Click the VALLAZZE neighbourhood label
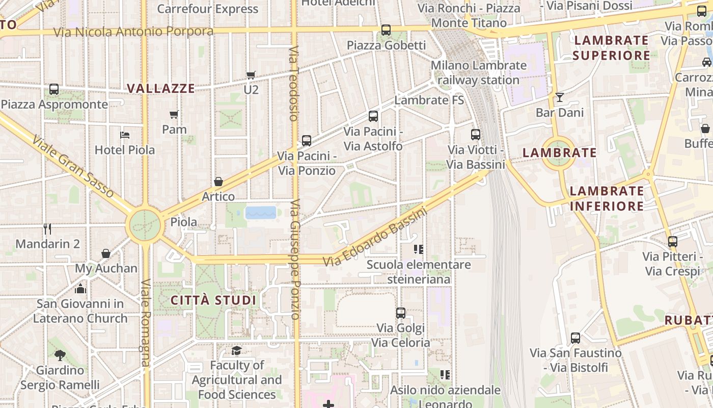pyautogui.click(x=160, y=88)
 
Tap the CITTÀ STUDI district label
pyautogui.click(x=213, y=300)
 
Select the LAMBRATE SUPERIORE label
pyautogui.click(x=611, y=47)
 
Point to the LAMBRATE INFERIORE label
pyautogui.click(x=607, y=198)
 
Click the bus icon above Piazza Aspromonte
pyautogui.click(x=54, y=89)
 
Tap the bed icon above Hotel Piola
pyautogui.click(x=125, y=135)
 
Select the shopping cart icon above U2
pyautogui.click(x=251, y=75)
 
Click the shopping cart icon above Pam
pyautogui.click(x=174, y=114)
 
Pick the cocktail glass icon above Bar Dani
pyautogui.click(x=560, y=97)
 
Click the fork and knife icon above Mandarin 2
pyautogui.click(x=47, y=228)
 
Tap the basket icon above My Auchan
pyautogui.click(x=106, y=253)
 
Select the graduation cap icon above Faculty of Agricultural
pyautogui.click(x=237, y=350)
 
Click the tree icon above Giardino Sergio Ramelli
pyautogui.click(x=60, y=355)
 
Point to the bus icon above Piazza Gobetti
pyautogui.click(x=386, y=30)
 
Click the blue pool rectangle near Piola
pyautogui.click(x=261, y=212)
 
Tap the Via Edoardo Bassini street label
pyautogui.click(x=375, y=239)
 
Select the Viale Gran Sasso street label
pyautogui.click(x=72, y=166)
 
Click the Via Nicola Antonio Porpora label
pyautogui.click(x=133, y=32)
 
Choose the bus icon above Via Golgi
pyautogui.click(x=401, y=313)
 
